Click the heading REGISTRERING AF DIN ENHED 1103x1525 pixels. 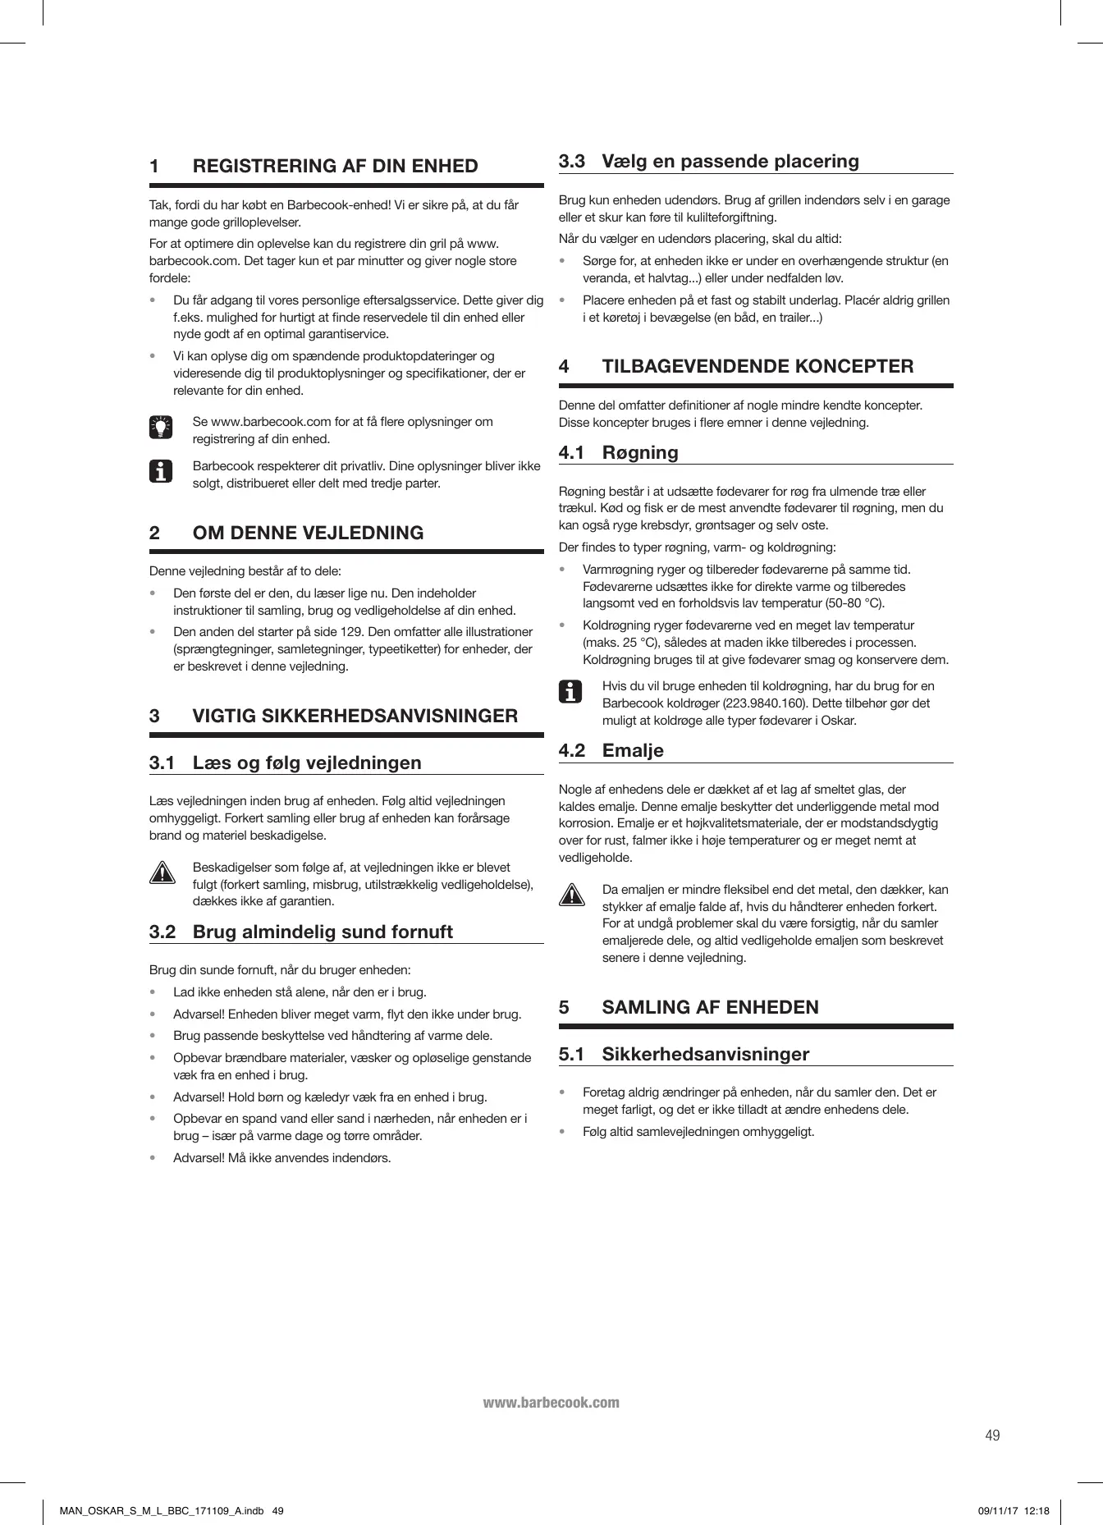[335, 166]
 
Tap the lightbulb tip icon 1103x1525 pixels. [162, 427]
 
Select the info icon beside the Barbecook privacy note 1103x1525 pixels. [162, 472]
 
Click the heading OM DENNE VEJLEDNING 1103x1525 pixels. [308, 533]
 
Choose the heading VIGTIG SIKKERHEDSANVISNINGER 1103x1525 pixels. [355, 716]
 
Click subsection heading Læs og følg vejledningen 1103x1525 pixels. [306, 762]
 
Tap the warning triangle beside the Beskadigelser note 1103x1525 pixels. [162, 872]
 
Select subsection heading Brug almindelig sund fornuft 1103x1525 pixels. [322, 932]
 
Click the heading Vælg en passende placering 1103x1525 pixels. [730, 161]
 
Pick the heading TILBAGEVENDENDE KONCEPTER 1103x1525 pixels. [757, 366]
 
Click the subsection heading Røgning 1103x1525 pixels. [640, 452]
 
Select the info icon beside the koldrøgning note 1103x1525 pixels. [570, 692]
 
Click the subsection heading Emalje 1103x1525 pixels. [633, 750]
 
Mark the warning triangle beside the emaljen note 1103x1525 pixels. [571, 895]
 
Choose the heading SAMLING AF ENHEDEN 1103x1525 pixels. [710, 1007]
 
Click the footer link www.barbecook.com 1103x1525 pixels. [551, 1402]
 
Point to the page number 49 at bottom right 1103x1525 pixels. [992, 1436]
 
